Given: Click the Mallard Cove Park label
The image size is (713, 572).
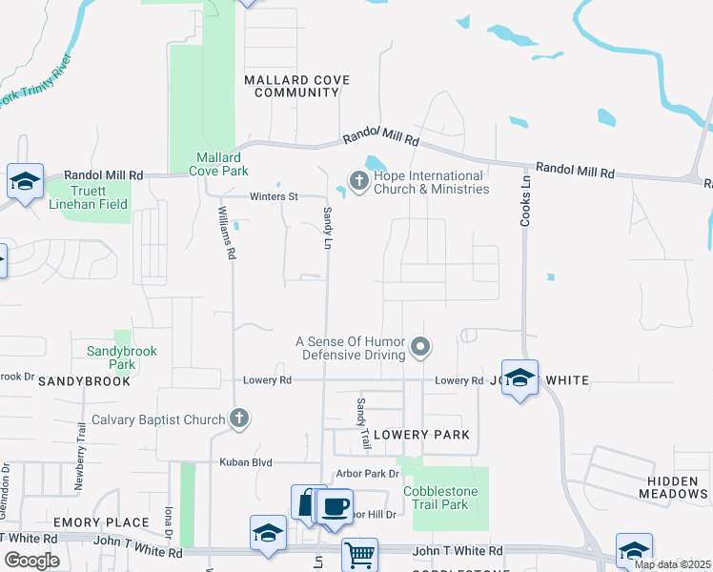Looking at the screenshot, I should pyautogui.click(x=221, y=164).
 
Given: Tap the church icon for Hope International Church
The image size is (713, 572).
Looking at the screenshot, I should pyautogui.click(x=359, y=181).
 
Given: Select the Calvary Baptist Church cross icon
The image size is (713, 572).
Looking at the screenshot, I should pyautogui.click(x=239, y=419).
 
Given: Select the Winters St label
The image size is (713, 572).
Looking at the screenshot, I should pyautogui.click(x=274, y=196).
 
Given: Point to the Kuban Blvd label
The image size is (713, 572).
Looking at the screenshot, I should pyautogui.click(x=247, y=462).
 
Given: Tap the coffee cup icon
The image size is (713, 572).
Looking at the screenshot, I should pyautogui.click(x=334, y=505).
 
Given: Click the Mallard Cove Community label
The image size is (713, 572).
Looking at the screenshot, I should pyautogui.click(x=291, y=86).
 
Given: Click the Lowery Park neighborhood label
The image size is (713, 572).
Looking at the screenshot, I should pyautogui.click(x=421, y=435).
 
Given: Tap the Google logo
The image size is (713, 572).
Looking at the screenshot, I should pyautogui.click(x=32, y=561).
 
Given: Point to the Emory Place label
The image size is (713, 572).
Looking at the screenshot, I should pyautogui.click(x=101, y=522).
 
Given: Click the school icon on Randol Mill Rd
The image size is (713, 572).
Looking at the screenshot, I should pyautogui.click(x=25, y=181).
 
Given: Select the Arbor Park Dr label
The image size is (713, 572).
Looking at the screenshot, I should pyautogui.click(x=367, y=474).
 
